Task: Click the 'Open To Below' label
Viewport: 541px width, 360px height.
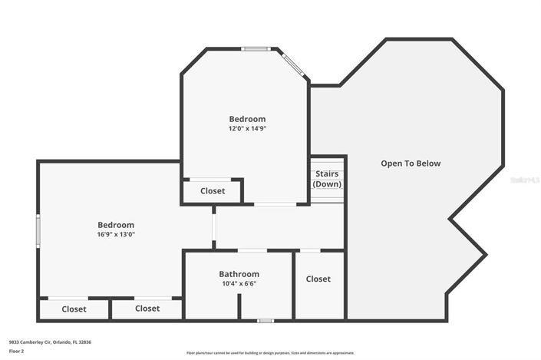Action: [x=411, y=163]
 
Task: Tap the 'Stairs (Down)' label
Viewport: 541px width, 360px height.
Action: [x=327, y=179]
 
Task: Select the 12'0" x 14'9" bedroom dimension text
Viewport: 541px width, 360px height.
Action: [x=247, y=129]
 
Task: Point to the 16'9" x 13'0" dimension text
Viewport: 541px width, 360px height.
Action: [x=116, y=235]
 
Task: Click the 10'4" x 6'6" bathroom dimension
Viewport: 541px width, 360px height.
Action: [x=239, y=283]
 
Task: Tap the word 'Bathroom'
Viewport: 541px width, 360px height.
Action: [x=239, y=274]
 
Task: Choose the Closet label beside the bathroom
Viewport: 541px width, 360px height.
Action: [x=318, y=279]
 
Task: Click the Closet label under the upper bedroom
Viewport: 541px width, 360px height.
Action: [x=213, y=191]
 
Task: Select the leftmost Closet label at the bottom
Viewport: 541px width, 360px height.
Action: [x=74, y=309]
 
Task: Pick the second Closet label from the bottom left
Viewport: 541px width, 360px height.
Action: [x=147, y=309]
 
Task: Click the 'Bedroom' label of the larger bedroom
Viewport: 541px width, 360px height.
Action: [x=116, y=225]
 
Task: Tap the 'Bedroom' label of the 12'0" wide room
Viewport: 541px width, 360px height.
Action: [x=247, y=119]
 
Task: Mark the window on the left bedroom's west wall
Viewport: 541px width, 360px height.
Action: [x=38, y=230]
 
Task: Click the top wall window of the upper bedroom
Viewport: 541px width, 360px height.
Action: [x=254, y=49]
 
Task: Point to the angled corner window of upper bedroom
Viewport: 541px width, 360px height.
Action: [x=292, y=64]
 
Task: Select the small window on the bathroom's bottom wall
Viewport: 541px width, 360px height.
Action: [x=265, y=320]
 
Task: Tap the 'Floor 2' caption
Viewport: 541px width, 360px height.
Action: [x=16, y=350]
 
